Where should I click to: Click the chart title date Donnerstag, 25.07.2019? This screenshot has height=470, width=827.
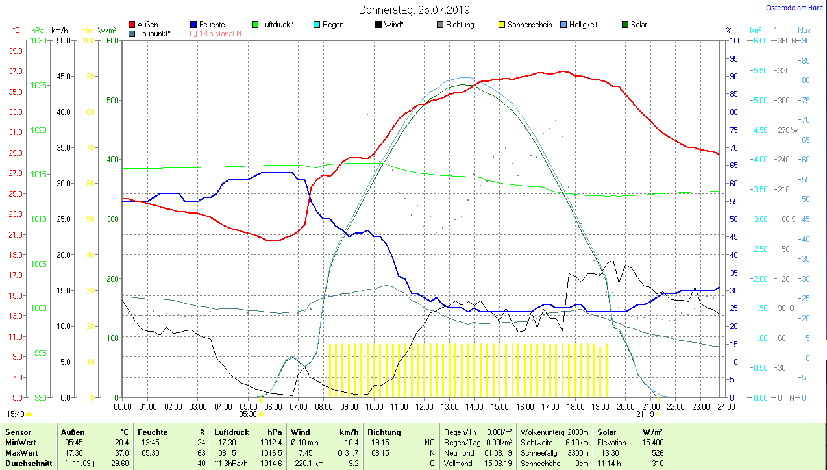point(414,10)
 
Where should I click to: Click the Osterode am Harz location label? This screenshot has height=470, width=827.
point(795,8)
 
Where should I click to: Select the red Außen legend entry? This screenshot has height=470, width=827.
point(147,25)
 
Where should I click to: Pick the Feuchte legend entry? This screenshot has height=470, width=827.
point(212,25)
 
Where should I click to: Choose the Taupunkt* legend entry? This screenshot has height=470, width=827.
point(154,33)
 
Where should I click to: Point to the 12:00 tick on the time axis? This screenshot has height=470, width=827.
point(424,406)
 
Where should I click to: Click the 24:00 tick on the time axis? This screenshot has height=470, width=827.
point(726,406)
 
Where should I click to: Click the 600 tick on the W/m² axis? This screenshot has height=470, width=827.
point(112,40)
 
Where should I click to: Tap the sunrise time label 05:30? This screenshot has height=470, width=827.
point(248,414)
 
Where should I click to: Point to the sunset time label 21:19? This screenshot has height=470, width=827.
point(645,414)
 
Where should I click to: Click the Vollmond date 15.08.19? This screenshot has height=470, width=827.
point(499,463)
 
